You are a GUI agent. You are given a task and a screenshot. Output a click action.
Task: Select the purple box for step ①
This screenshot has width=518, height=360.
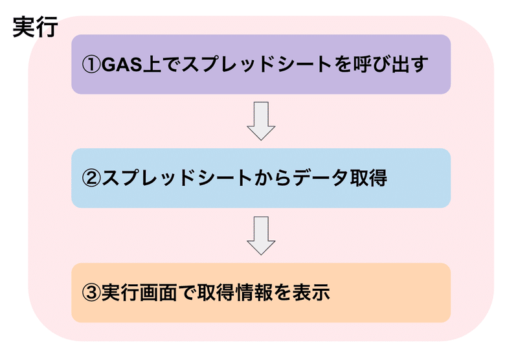260,65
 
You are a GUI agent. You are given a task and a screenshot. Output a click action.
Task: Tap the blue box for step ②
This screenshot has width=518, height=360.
260,178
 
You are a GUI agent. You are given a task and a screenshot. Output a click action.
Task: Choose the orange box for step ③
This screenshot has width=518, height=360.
260,293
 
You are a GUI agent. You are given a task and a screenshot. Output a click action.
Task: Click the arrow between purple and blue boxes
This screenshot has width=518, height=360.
261,120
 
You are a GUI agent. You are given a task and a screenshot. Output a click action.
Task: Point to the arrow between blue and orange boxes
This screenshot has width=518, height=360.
261,235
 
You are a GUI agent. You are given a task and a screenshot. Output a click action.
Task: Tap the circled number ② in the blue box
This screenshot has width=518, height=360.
91,178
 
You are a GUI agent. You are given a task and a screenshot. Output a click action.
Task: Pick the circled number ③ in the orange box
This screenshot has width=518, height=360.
91,293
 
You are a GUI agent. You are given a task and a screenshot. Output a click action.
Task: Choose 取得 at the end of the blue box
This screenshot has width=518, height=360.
370,178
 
